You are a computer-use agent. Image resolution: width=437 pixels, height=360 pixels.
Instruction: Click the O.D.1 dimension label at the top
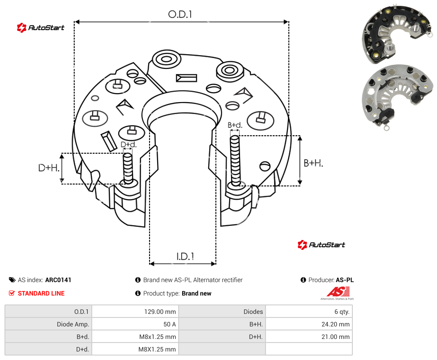pyautogui.click(x=180, y=14)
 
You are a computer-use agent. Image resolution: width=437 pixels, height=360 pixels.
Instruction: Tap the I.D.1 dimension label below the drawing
pyautogui.click(x=185, y=257)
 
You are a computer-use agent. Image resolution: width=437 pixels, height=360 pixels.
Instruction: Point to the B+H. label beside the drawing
pyautogui.click(x=313, y=163)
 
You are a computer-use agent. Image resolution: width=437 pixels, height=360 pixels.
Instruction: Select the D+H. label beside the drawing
pyautogui.click(x=49, y=168)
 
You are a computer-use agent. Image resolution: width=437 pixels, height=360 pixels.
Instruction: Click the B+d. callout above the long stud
pyautogui.click(x=235, y=125)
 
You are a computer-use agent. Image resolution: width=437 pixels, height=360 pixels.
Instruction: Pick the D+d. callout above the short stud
pyautogui.click(x=129, y=145)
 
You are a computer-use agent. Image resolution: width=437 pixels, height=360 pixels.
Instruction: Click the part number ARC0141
pyautogui.click(x=58, y=280)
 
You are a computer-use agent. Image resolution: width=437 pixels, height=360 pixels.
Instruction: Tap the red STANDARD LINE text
pyautogui.click(x=41, y=293)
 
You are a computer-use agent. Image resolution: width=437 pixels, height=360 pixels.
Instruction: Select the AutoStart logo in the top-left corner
pyautogui.click(x=40, y=28)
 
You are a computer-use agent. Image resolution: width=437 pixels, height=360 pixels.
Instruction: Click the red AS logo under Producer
pyautogui.click(x=338, y=293)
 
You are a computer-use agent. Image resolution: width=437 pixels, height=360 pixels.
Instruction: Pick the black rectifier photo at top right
pyautogui.click(x=397, y=34)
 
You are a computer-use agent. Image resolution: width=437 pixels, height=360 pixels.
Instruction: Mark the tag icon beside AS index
pyautogui.click(x=12, y=280)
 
